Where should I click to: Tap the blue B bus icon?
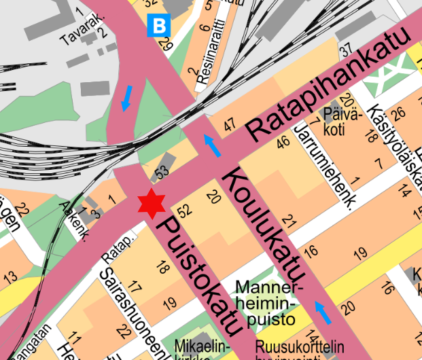click(x=159, y=26)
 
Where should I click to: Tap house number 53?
click(x=161, y=173)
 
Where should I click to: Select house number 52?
click(x=182, y=211)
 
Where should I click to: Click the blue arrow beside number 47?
click(x=213, y=145)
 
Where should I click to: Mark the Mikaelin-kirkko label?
click(x=197, y=350)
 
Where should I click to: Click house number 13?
click(x=10, y=277)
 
